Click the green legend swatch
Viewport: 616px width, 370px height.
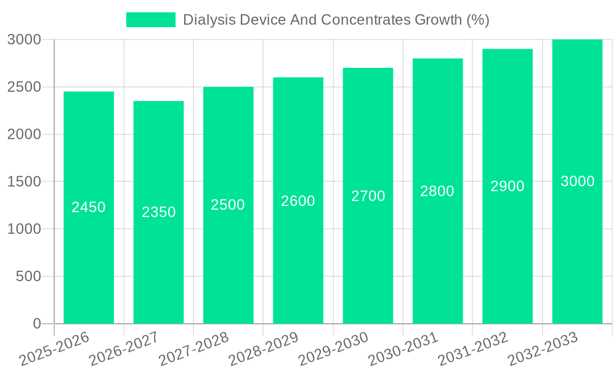pos(150,20)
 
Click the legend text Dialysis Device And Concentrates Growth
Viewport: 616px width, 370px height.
pos(336,20)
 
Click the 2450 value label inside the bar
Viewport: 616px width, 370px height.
pos(89,207)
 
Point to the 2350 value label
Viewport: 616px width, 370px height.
pos(158,212)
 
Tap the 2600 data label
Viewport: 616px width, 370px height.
pos(298,201)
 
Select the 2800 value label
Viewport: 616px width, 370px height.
pos(437,191)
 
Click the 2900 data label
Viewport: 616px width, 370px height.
pos(508,186)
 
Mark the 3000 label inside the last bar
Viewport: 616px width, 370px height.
pos(577,181)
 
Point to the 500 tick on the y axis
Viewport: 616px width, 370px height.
pos(28,276)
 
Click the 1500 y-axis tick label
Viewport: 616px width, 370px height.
pos(24,182)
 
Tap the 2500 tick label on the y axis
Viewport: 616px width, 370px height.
pos(24,87)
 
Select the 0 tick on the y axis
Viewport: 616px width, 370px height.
pos(36,324)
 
